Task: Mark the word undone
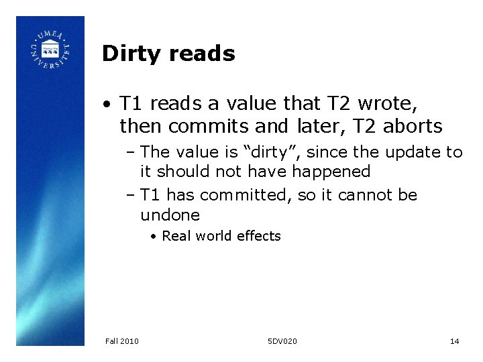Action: coord(170,215)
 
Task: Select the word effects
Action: coord(258,236)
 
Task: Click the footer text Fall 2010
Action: coord(122,342)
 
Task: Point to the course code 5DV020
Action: coord(282,342)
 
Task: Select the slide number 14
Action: coord(454,342)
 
